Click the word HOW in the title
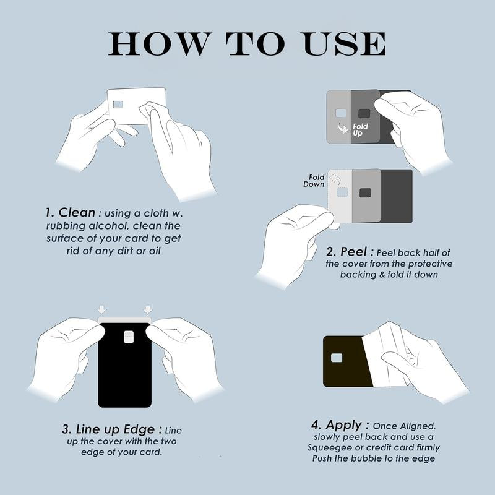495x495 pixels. click(159, 44)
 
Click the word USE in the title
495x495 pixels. click(343, 44)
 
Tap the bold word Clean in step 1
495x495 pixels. click(77, 212)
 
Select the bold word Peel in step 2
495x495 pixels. click(353, 252)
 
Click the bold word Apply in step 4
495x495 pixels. click(344, 426)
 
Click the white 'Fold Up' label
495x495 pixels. click(360, 130)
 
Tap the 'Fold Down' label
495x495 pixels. click(314, 181)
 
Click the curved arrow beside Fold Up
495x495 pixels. click(343, 127)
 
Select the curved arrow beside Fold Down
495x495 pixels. click(335, 180)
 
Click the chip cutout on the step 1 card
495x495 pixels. click(118, 104)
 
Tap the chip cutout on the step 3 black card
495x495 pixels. click(128, 337)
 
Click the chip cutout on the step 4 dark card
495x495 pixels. click(337, 358)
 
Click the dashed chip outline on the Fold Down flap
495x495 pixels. click(342, 192)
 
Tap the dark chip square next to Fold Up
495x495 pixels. click(364, 113)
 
